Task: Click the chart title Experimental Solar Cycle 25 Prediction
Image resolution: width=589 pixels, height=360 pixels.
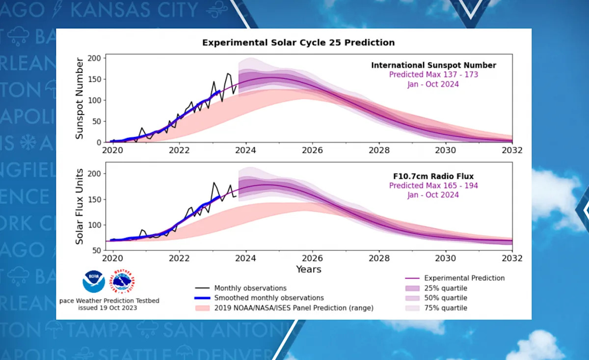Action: (298, 43)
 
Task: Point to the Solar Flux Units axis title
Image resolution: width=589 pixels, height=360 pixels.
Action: (80, 206)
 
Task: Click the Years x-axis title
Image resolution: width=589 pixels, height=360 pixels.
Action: (308, 269)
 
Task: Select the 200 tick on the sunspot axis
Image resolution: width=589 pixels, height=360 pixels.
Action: (94, 58)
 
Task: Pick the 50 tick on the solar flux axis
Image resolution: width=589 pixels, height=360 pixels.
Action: (97, 250)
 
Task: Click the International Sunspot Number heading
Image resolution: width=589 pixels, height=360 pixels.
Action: (433, 65)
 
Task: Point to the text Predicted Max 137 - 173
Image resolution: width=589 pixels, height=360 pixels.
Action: (433, 75)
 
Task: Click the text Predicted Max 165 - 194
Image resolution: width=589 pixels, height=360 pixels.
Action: (433, 186)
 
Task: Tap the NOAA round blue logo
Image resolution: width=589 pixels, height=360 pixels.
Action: (94, 282)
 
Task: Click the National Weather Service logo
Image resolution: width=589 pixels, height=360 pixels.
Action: (123, 282)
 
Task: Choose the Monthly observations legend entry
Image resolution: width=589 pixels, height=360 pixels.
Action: (250, 288)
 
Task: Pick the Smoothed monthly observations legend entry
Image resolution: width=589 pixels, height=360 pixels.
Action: (269, 298)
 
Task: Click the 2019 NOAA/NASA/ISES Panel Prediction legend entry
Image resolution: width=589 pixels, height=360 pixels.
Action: (294, 308)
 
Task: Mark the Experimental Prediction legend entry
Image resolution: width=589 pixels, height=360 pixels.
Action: (464, 278)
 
